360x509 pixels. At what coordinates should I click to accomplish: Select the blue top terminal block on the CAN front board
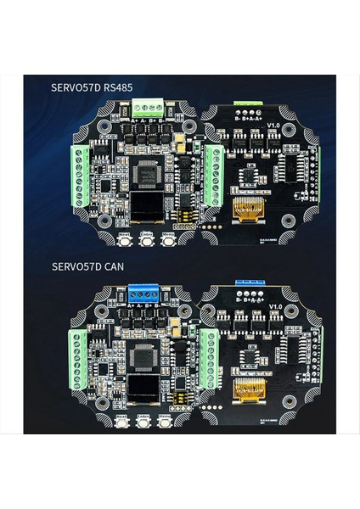coord(144,294)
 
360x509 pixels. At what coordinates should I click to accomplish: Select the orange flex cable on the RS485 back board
coord(250,209)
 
